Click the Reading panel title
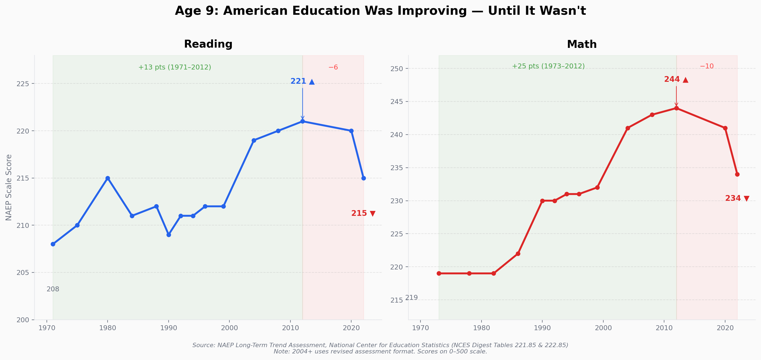tap(208, 44)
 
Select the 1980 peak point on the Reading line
tap(108, 178)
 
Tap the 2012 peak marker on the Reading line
tap(302, 121)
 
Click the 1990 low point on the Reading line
tap(169, 235)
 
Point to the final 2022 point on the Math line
tap(737, 174)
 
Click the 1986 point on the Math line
tap(518, 254)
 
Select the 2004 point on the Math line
tap(628, 128)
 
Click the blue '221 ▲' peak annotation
tap(302, 81)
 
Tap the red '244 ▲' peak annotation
tap(676, 79)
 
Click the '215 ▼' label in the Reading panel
tap(363, 213)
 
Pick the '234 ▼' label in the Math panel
tap(737, 198)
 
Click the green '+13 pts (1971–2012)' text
tap(175, 67)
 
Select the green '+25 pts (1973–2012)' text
tap(548, 66)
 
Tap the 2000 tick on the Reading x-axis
tap(229, 328)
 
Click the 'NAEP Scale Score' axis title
tap(9, 188)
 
